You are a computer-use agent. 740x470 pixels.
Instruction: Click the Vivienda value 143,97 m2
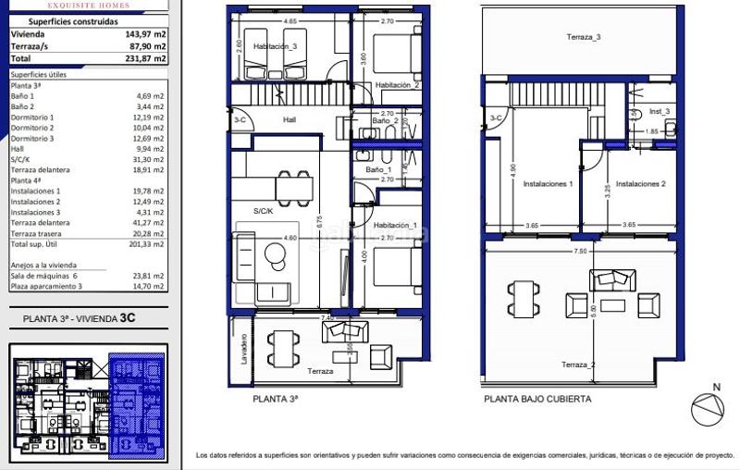pos(147,33)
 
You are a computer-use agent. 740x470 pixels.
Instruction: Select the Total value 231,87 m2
pos(147,57)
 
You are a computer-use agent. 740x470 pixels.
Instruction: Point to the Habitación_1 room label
pos(396,226)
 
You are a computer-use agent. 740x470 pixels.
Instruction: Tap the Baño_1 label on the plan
pos(378,170)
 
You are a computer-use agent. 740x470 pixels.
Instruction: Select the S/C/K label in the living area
pos(265,212)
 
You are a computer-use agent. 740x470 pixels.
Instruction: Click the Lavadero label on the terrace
pos(244,349)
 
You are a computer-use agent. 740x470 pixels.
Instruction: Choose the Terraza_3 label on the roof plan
pos(584,37)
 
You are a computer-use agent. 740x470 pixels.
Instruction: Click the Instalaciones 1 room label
pos(548,184)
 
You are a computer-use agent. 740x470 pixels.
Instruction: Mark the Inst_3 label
pos(660,111)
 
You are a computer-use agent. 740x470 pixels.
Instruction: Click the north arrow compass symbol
pos(708,408)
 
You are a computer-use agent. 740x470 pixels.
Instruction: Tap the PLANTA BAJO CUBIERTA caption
pos(536,400)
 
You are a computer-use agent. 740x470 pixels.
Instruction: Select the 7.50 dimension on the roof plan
pos(579,251)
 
